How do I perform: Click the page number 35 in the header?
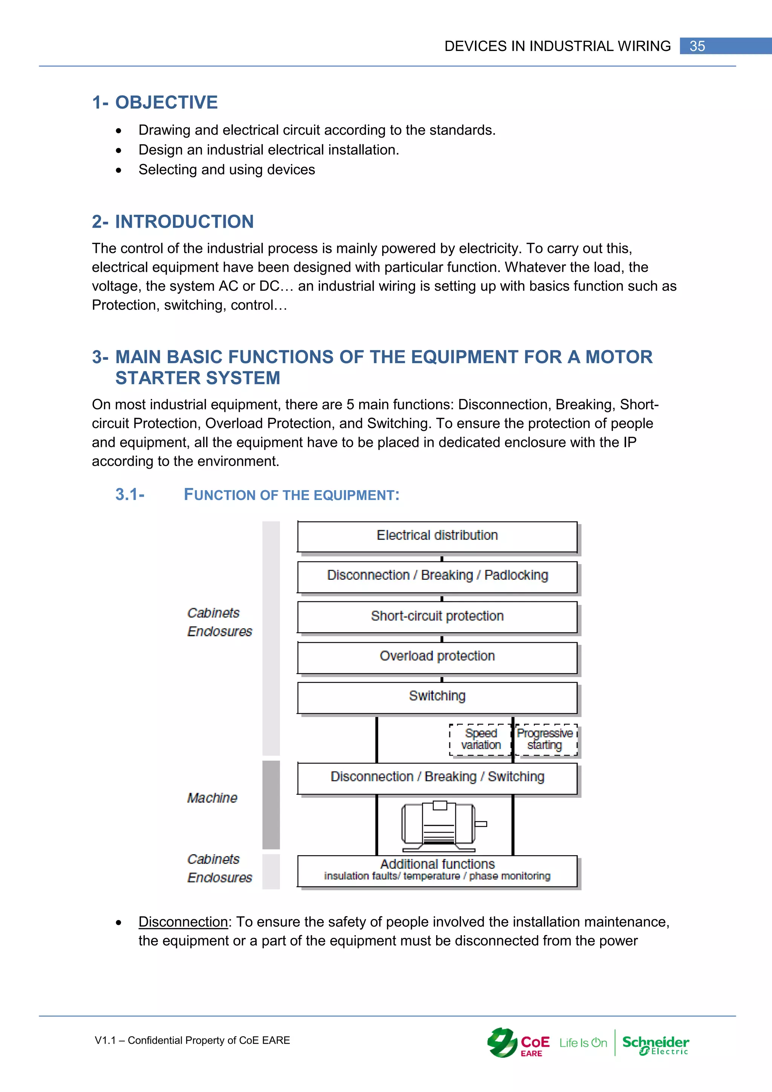697,46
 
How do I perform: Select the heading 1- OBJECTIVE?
155,102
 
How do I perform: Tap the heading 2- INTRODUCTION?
173,222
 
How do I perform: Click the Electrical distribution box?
437,536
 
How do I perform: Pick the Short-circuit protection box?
437,617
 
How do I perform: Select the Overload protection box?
437,657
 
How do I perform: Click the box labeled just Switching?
437,697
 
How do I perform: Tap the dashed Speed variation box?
480,739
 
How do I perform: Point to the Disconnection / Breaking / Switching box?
437,777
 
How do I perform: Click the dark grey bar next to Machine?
271,804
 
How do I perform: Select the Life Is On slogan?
583,1043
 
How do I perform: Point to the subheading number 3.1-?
130,495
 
